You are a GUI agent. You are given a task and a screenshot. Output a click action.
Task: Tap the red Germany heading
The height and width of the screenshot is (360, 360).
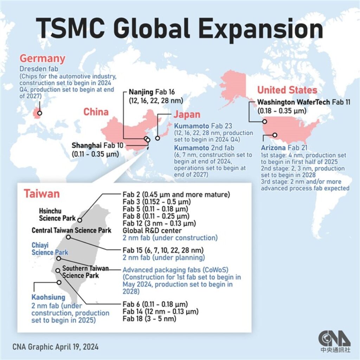click(42, 58)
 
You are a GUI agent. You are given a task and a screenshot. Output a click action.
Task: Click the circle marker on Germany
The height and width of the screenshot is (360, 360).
click(40, 113)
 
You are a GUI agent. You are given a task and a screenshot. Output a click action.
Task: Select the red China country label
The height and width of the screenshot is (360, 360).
click(96, 112)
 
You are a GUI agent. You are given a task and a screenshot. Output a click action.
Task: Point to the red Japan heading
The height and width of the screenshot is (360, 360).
click(187, 115)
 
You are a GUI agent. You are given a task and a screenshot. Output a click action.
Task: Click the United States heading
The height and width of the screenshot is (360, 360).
click(287, 90)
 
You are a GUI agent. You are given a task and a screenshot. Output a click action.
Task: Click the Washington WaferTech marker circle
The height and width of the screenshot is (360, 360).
click(264, 122)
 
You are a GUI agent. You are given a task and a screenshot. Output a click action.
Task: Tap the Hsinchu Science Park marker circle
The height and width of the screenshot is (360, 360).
click(80, 220)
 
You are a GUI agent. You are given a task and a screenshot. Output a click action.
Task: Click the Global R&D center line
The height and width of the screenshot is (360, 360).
click(152, 230)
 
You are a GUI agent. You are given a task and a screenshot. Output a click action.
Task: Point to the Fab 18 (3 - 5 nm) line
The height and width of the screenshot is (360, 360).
click(149, 319)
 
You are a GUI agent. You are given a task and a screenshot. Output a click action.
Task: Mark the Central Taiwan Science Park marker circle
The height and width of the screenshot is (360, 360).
click(68, 237)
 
